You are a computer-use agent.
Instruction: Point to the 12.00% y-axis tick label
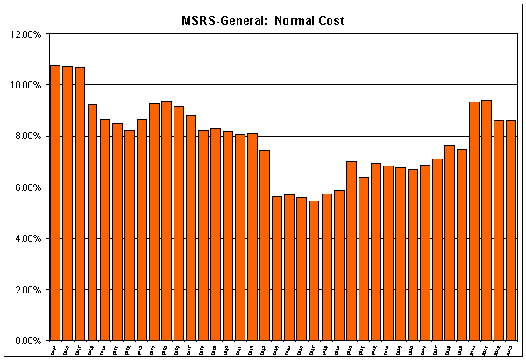26,34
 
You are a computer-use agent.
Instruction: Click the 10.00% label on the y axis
26,85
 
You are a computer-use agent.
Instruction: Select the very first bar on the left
55,201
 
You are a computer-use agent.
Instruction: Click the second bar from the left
68,201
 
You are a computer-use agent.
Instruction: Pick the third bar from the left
80,201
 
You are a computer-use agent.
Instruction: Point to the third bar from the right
487,219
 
